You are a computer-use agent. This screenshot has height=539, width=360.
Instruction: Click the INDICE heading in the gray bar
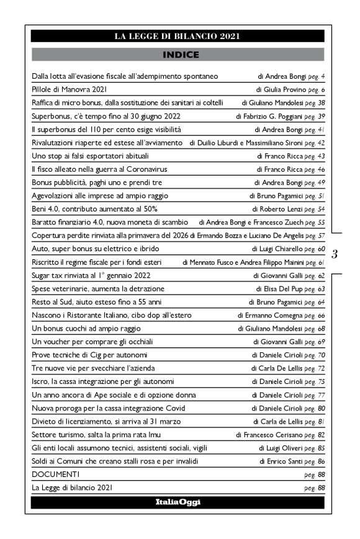click(180, 55)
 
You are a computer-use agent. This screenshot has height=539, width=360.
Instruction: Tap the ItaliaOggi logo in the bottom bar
click(178, 502)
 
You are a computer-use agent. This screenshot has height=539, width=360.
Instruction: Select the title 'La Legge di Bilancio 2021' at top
click(178, 36)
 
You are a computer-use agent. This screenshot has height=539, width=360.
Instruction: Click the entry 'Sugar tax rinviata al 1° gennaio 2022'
click(91, 275)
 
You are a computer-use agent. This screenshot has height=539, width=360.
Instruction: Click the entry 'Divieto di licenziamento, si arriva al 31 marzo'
click(106, 421)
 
